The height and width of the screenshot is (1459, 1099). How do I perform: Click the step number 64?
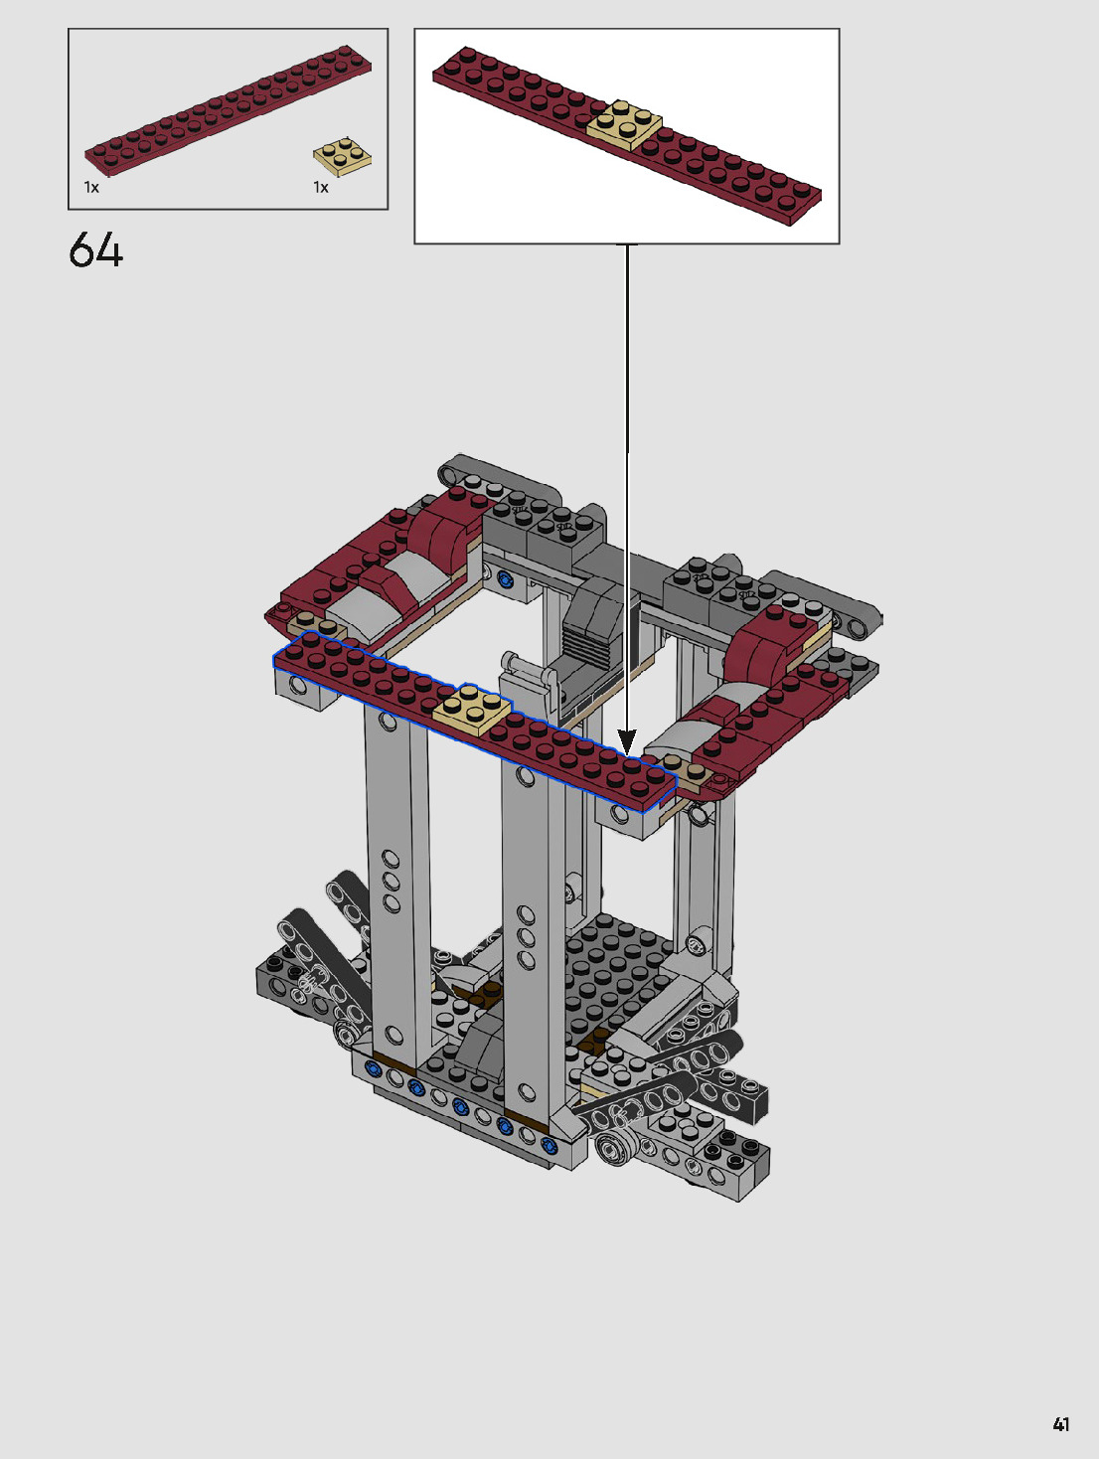(95, 249)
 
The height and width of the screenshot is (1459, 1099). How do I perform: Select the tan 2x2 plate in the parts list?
(342, 157)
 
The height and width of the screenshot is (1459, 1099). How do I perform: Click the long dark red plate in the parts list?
(228, 110)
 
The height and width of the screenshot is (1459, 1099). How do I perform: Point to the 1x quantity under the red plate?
(91, 188)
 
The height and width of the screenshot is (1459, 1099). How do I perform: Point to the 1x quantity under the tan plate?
(321, 188)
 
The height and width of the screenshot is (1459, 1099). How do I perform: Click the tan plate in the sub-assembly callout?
(624, 123)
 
